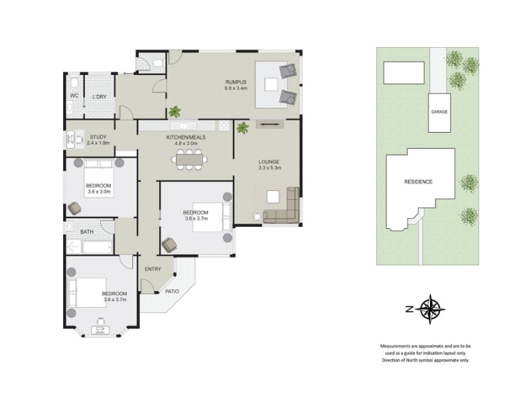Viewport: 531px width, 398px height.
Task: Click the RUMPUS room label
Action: [236, 82]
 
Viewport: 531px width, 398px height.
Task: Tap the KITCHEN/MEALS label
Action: [186, 137]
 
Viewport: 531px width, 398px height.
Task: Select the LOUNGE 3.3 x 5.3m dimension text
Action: [269, 168]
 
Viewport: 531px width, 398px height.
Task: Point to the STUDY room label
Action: [98, 137]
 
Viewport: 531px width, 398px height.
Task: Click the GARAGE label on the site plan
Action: [439, 111]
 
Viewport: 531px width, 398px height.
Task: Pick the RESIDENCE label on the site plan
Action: [418, 182]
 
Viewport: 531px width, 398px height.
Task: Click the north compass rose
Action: [430, 309]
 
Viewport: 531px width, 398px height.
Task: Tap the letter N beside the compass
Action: [409, 309]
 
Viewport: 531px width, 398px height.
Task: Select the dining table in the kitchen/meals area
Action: [189, 159]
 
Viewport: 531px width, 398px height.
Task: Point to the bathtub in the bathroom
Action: [98, 247]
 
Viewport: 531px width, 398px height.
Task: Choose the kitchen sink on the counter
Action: [184, 126]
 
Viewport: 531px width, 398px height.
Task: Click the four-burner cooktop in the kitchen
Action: [224, 125]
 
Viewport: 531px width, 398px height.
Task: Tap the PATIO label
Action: [172, 291]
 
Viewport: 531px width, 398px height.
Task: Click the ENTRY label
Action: [153, 269]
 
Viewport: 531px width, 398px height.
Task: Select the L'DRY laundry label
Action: [100, 97]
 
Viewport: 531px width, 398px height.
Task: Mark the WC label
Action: [74, 96]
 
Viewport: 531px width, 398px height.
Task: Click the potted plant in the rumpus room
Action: [175, 111]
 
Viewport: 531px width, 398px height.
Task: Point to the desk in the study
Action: [71, 139]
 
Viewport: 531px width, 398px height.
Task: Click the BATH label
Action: [87, 232]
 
